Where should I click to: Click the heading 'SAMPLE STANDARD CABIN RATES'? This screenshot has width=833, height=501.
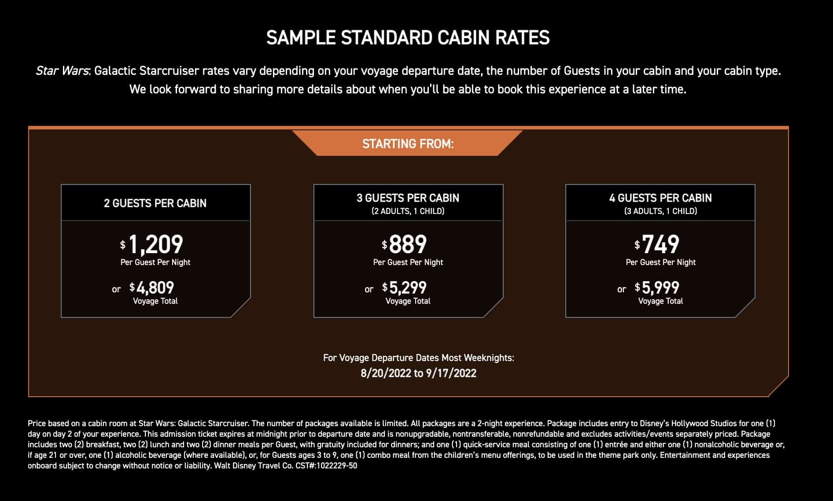pos(408,38)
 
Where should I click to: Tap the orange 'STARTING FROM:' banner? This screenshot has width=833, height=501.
pos(408,144)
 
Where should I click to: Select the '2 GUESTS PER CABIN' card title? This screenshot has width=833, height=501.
pos(155,203)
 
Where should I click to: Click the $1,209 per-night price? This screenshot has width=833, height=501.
pos(155,244)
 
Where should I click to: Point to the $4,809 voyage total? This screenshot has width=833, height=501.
pos(155,288)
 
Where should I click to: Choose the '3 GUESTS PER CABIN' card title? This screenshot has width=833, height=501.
pos(408,198)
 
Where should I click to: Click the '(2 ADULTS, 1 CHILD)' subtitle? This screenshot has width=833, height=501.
pos(408,211)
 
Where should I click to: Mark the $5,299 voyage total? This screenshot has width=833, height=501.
pos(407,288)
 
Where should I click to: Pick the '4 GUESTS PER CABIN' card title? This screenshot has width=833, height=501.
pos(660,198)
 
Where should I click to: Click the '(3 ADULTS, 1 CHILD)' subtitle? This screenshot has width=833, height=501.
pos(660,211)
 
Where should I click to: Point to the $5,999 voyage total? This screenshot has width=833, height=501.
pos(660,288)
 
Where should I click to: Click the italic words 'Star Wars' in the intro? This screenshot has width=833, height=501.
pos(62,71)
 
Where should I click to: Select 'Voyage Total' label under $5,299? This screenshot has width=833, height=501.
pos(408,301)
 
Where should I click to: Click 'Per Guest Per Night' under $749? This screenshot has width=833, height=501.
pos(660,262)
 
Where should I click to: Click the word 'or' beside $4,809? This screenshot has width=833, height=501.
pos(116,289)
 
